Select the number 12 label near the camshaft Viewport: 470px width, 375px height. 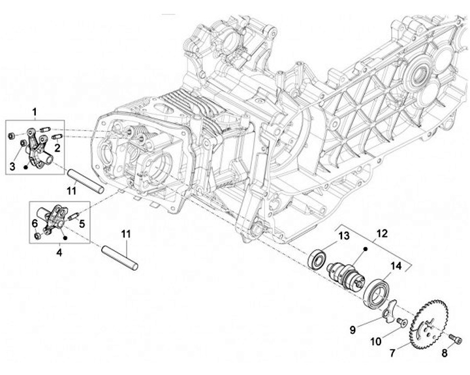point(381,233)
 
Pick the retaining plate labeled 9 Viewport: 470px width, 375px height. point(391,311)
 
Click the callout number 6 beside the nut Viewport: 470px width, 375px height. point(35,223)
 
